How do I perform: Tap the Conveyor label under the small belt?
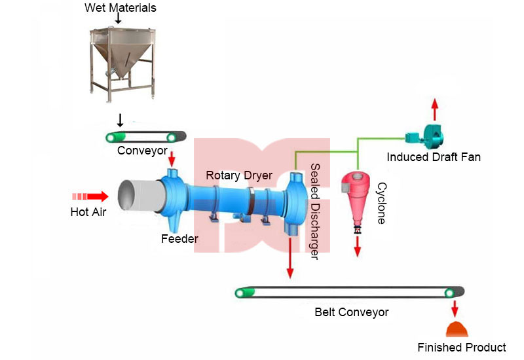tap(143, 151)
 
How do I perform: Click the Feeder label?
tap(179, 239)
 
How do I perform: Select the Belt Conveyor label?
tap(351, 312)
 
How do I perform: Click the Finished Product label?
tap(461, 348)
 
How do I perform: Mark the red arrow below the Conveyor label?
tap(172, 158)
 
